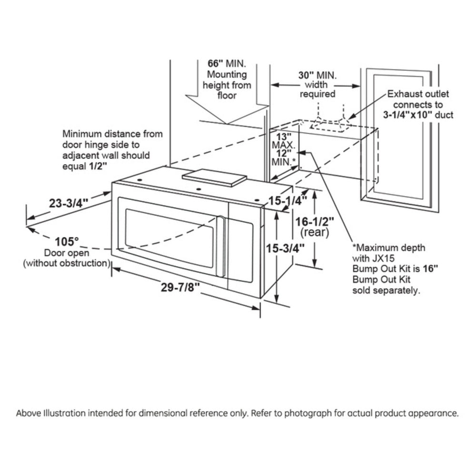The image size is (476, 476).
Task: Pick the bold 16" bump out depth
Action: (431, 269)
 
